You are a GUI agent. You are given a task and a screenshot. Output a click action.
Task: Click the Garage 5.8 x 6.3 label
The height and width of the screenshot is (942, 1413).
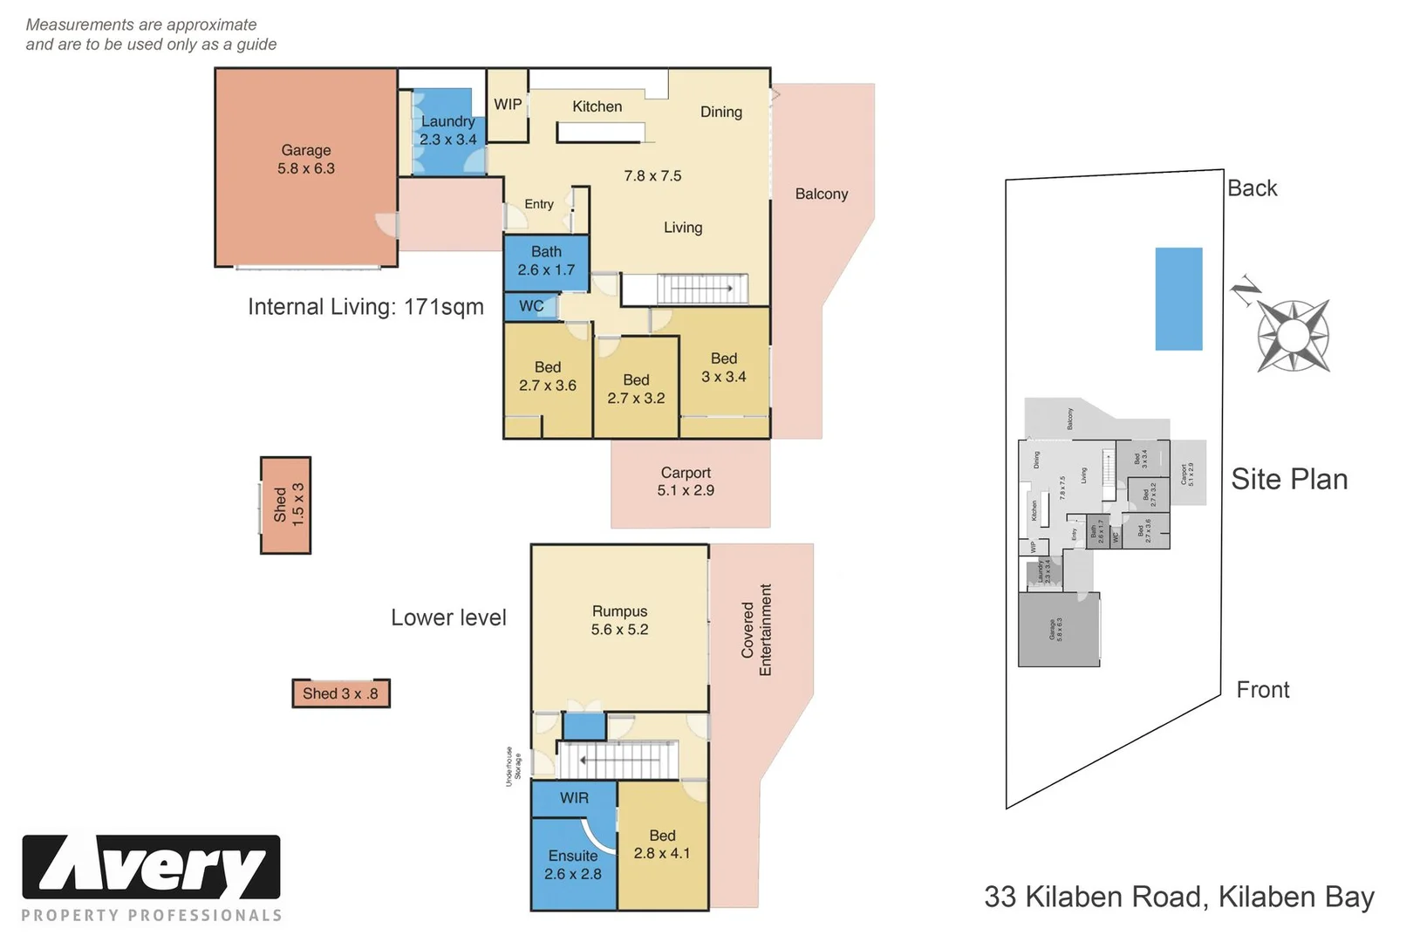pyautogui.click(x=305, y=160)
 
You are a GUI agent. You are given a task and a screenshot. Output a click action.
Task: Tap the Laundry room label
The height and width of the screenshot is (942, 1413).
pyautogui.click(x=447, y=130)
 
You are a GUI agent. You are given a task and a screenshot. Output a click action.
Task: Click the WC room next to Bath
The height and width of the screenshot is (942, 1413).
pyautogui.click(x=531, y=306)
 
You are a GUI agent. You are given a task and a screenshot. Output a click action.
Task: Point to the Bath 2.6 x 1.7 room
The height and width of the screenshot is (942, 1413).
pyautogui.click(x=546, y=261)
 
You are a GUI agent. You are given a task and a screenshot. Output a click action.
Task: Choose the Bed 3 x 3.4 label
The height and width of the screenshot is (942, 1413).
pyautogui.click(x=724, y=368)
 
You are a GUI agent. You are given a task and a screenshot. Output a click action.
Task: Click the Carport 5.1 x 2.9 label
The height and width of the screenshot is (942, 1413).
pyautogui.click(x=686, y=481)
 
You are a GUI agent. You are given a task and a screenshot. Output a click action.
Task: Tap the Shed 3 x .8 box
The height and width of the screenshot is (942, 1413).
pyautogui.click(x=340, y=693)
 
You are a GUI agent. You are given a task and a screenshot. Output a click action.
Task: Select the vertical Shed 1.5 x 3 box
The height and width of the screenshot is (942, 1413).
pyautogui.click(x=286, y=505)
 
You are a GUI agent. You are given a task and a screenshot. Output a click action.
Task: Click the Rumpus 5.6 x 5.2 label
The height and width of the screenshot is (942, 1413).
pyautogui.click(x=619, y=620)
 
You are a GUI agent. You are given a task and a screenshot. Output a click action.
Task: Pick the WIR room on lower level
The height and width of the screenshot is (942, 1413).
pyautogui.click(x=574, y=798)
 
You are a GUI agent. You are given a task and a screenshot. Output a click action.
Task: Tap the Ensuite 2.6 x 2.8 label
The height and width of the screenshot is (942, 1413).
pyautogui.click(x=573, y=864)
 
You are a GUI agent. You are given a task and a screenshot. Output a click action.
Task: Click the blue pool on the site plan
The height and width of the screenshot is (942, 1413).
pyautogui.click(x=1178, y=299)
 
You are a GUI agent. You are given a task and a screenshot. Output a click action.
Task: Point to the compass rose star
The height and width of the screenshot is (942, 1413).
pyautogui.click(x=1293, y=336)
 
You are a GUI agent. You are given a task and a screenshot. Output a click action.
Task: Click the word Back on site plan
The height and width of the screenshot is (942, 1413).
pyautogui.click(x=1252, y=188)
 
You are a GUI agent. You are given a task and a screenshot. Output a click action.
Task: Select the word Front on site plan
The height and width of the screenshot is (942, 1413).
pyautogui.click(x=1262, y=690)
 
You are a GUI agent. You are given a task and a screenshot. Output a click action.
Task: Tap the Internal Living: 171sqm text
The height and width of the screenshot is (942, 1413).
pyautogui.click(x=365, y=307)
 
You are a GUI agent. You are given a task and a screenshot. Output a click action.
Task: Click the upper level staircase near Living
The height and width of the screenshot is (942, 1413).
pyautogui.click(x=702, y=289)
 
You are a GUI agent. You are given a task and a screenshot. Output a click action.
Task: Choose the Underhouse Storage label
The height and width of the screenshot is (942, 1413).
pyautogui.click(x=514, y=767)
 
